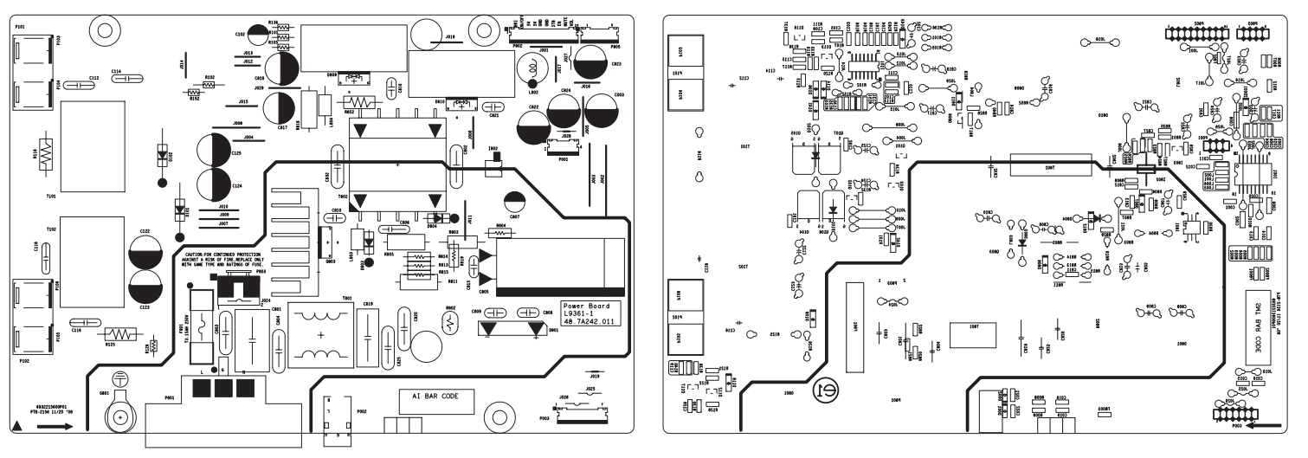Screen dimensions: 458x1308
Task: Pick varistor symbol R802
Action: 449,324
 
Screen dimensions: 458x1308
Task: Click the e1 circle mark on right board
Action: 822,391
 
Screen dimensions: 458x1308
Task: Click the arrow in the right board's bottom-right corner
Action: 1270,425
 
